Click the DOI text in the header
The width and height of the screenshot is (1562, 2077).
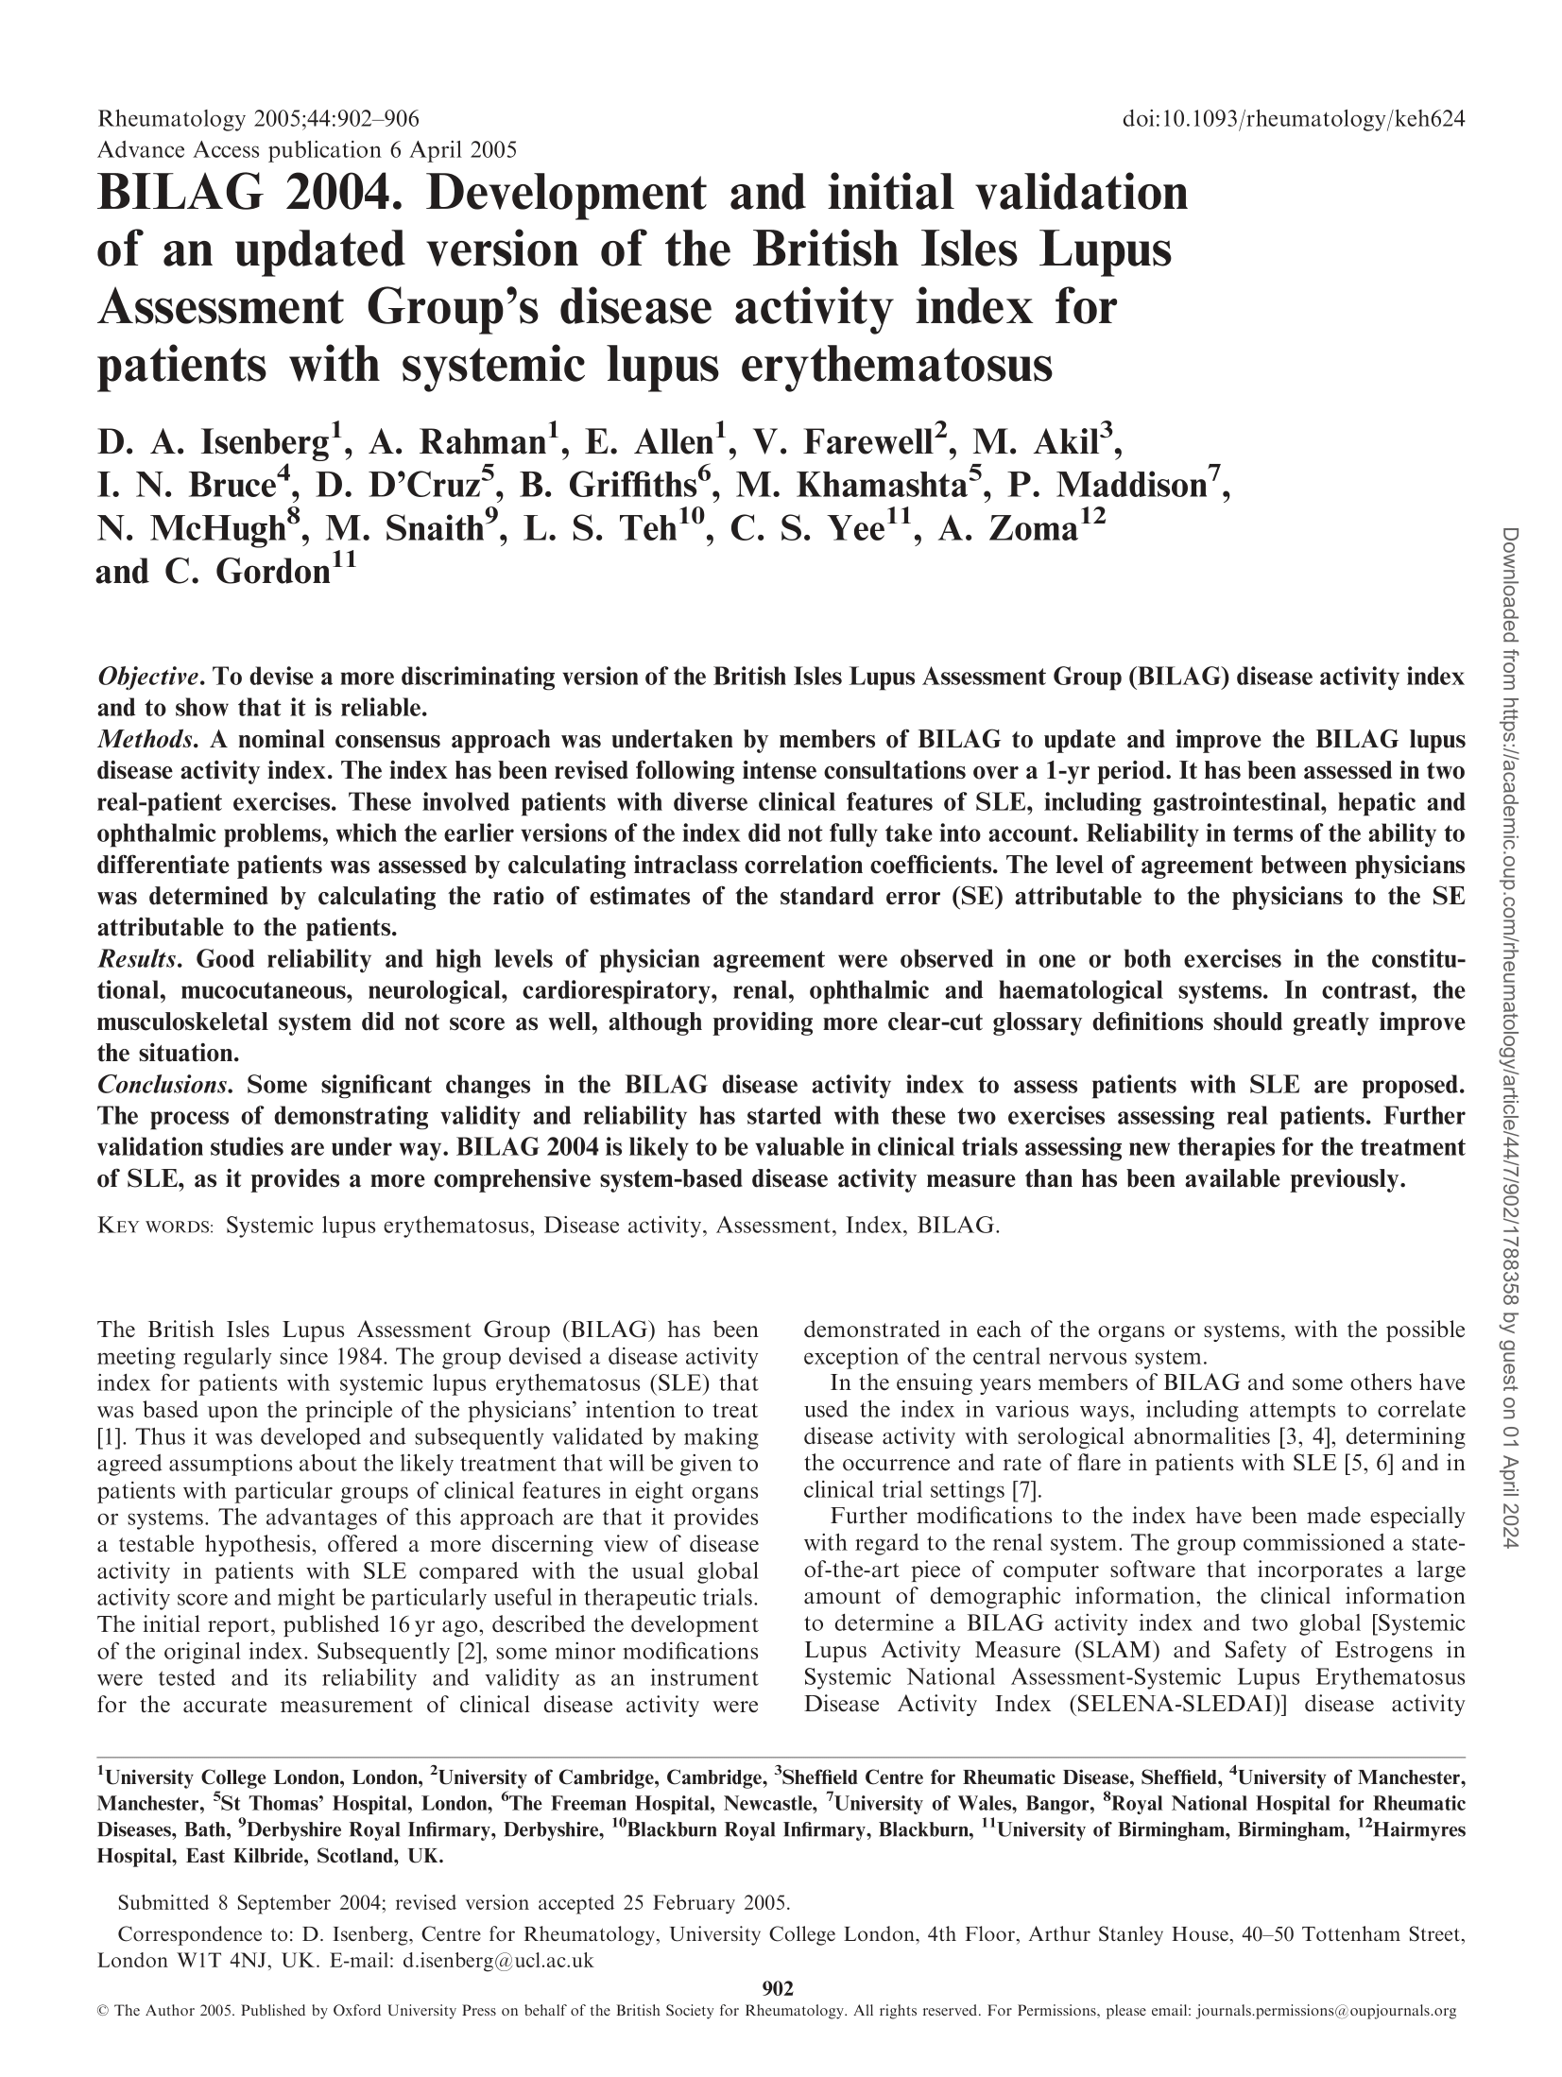coord(1292,119)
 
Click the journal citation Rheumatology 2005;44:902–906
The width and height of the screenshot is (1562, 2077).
coord(258,119)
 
